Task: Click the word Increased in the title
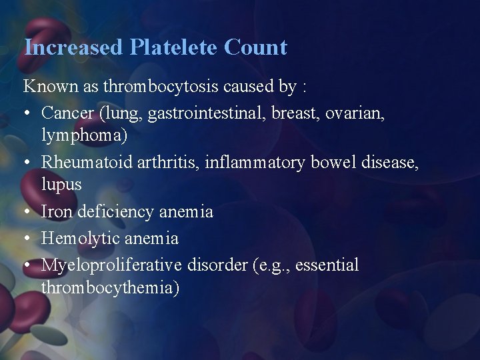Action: click(x=73, y=47)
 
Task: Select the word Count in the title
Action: click(x=256, y=47)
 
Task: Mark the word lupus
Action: click(x=61, y=185)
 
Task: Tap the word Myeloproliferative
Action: click(x=111, y=265)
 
